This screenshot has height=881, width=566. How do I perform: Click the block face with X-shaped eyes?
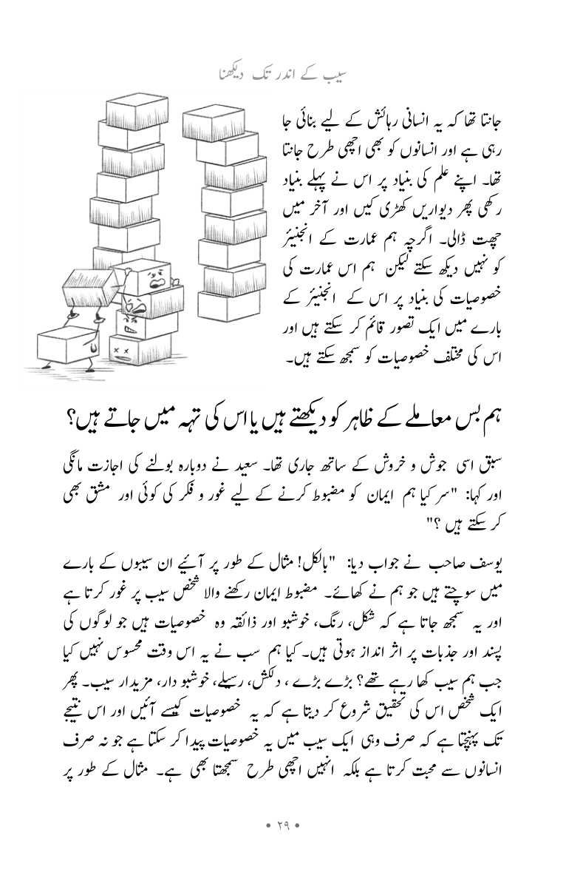pyautogui.click(x=134, y=347)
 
